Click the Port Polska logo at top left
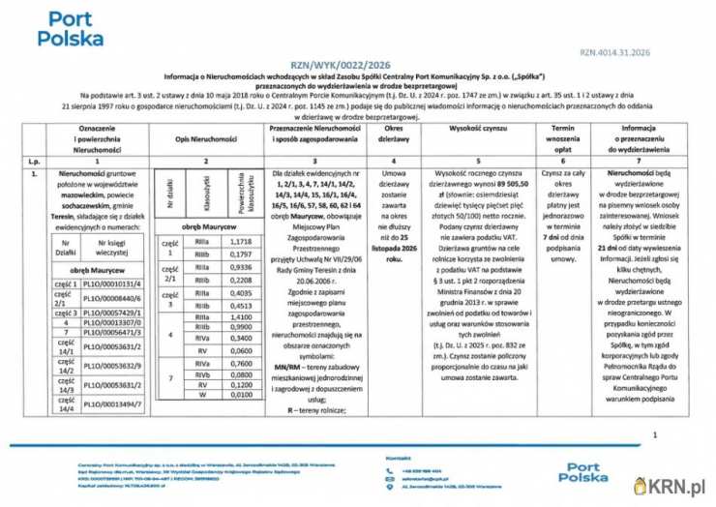[x=70, y=29]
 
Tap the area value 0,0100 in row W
[x=242, y=395]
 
